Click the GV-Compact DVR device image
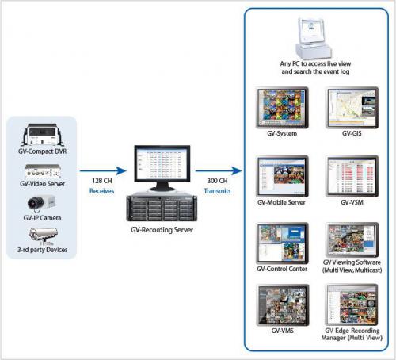(43, 135)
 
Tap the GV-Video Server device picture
(43, 170)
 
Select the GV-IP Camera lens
(34, 203)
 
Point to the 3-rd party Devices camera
(43, 235)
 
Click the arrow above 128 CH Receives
(103, 170)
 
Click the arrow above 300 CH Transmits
(219, 170)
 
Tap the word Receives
(101, 191)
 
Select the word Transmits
(217, 191)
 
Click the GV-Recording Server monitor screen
(162, 163)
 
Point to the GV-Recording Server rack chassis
(162, 207)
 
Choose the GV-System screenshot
(282, 108)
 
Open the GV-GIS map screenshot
(352, 108)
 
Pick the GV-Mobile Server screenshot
(282, 176)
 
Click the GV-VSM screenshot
(352, 176)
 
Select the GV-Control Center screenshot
(282, 243)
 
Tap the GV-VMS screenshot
(282, 305)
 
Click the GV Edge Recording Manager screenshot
(352, 304)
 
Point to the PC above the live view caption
(313, 38)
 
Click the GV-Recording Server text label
(162, 230)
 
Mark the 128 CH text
(102, 181)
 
